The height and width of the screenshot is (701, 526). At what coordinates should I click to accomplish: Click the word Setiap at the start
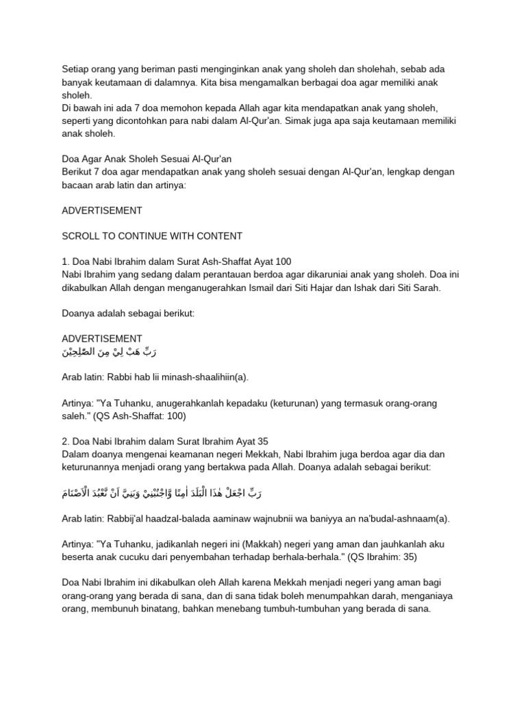pos(75,69)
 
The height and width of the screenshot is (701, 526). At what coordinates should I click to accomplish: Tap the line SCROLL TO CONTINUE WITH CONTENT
pos(152,236)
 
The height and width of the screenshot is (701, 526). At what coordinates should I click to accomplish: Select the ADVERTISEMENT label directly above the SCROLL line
pos(102,210)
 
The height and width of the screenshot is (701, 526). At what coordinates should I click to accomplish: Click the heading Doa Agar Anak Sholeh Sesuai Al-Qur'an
pos(147,159)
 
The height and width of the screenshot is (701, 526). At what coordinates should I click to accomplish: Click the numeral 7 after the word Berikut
pos(95,171)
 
